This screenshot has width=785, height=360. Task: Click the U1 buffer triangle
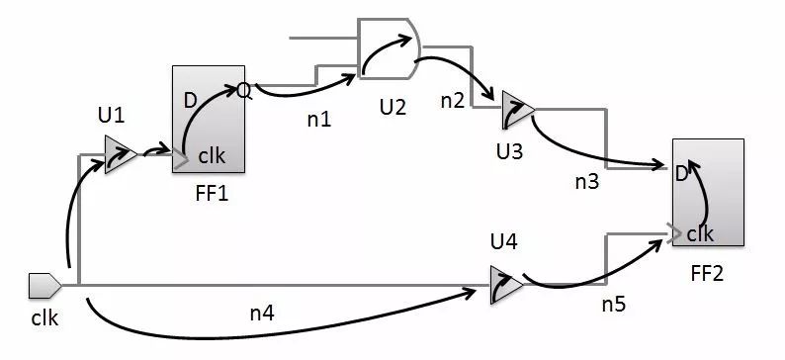click(x=120, y=155)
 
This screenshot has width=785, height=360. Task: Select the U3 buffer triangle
click(x=515, y=109)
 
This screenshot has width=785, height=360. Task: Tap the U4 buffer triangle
click(x=505, y=284)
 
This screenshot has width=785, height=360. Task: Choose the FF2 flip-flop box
click(x=708, y=192)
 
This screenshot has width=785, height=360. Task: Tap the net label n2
click(x=453, y=100)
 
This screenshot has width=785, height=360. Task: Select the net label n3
click(x=588, y=181)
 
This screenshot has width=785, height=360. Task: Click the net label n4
click(x=263, y=314)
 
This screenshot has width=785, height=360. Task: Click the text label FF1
click(x=213, y=193)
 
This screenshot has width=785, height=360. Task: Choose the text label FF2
click(x=705, y=271)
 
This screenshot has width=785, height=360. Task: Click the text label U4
click(x=503, y=240)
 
